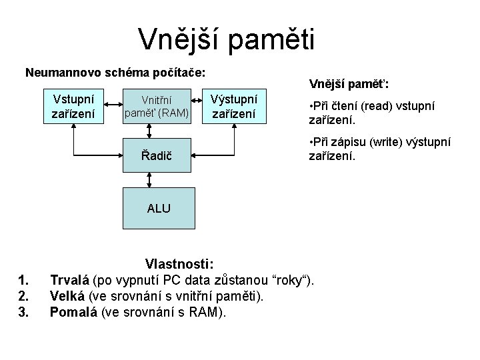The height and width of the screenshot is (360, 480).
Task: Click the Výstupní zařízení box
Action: [x=233, y=107]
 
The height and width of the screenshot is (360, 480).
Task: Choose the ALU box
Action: [x=158, y=208]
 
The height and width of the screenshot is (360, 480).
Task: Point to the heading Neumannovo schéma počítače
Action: [x=115, y=71]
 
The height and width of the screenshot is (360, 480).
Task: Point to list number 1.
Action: [x=24, y=279]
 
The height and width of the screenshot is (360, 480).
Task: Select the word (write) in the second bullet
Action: [x=387, y=143]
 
